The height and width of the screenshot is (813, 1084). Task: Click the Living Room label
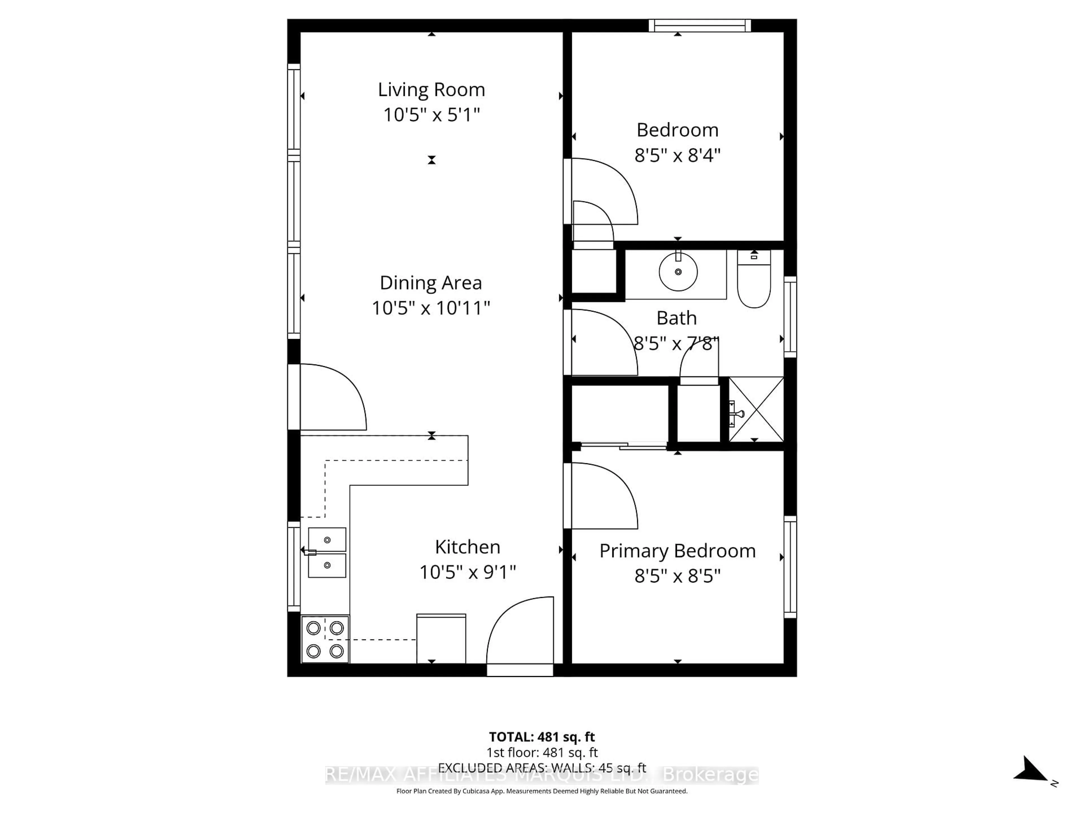431,90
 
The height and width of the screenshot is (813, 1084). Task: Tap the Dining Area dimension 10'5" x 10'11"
431,308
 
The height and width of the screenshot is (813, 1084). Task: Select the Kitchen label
467,547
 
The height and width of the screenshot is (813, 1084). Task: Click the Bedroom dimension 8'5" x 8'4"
677,155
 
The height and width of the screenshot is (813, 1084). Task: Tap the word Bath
676,318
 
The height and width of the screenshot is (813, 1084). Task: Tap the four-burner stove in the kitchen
325,639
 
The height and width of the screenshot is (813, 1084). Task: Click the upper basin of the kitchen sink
327,539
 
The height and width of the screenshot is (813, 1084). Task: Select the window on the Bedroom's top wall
700,25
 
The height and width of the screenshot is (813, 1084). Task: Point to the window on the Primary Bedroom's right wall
790,567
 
